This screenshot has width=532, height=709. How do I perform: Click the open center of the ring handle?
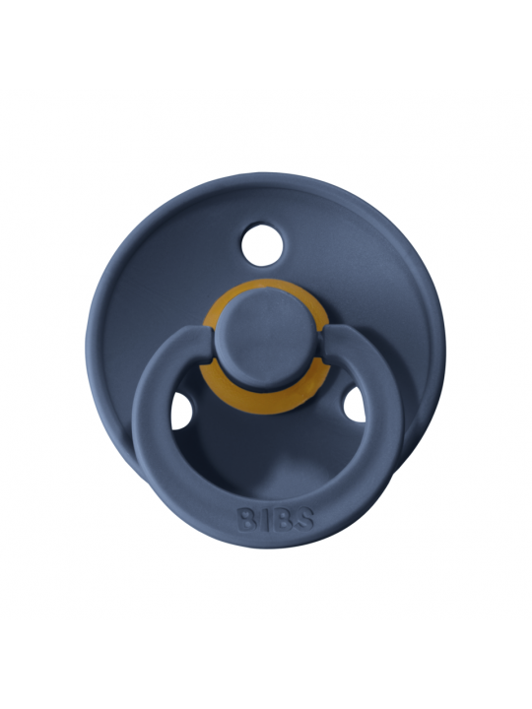click(265, 443)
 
